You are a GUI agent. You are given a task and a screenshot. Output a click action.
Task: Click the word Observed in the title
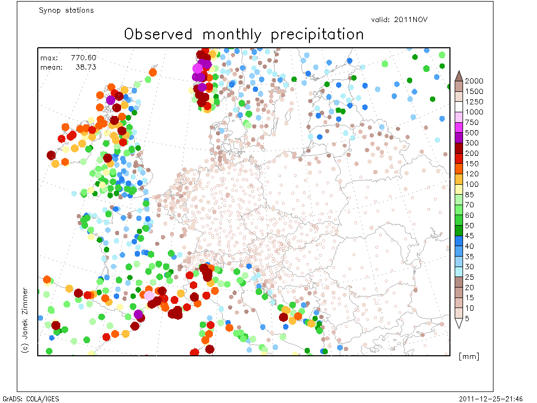158,34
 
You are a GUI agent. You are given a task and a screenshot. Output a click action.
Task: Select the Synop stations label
66,10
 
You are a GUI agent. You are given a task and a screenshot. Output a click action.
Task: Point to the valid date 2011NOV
411,19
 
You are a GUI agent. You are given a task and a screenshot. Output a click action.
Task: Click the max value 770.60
83,58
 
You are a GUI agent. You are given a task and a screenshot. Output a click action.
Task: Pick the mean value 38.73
85,67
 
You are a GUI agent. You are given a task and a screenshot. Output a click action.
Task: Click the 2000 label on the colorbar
474,81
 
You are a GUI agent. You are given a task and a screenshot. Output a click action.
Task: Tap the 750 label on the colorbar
471,122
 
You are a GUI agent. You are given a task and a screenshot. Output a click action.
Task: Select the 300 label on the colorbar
471,143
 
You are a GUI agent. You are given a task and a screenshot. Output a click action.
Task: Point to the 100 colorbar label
471,184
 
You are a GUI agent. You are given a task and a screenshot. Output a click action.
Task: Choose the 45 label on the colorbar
469,236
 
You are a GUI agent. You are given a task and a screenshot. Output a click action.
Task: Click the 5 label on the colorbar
467,319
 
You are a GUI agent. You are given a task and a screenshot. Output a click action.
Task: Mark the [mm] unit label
469,356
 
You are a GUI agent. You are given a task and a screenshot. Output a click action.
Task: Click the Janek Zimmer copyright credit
25,321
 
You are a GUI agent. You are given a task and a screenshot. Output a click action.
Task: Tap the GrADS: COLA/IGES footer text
31,399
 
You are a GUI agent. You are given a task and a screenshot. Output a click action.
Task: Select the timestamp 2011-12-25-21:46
491,399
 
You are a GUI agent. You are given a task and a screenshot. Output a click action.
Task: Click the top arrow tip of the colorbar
459,71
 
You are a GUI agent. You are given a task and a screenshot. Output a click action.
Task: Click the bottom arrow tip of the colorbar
459,328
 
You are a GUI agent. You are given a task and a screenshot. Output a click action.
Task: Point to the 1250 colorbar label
474,102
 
